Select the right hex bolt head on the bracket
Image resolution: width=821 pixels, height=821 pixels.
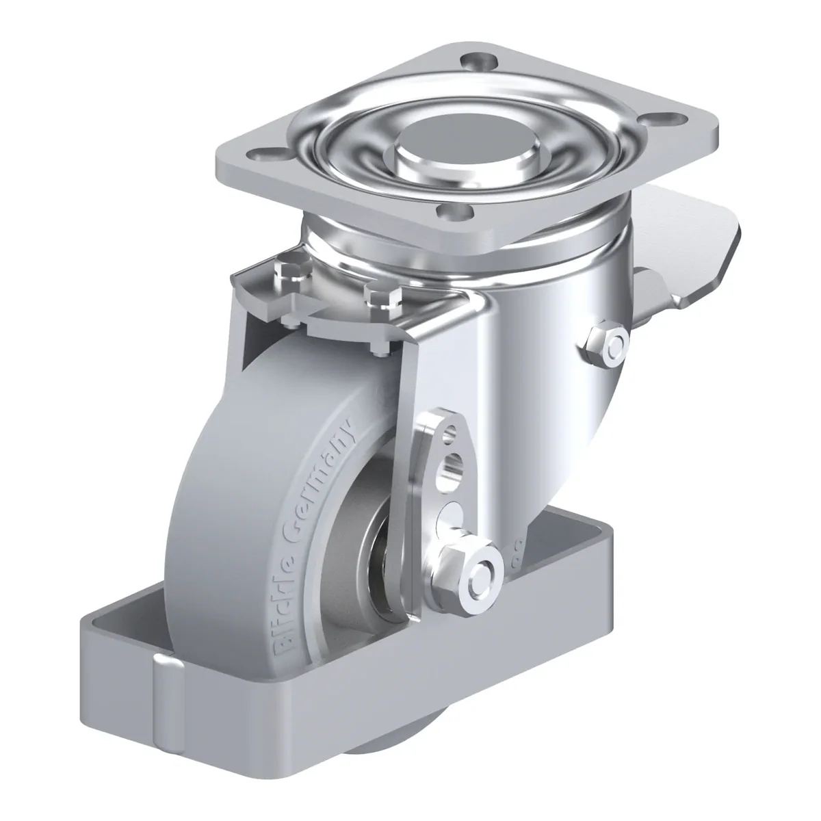point(383,296)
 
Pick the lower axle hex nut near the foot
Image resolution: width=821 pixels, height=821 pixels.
point(467,575)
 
